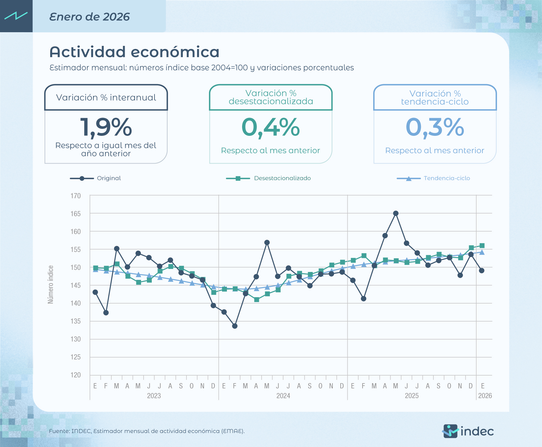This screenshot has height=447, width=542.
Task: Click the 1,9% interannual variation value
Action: pos(106,127)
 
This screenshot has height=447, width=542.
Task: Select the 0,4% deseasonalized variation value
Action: pos(270,127)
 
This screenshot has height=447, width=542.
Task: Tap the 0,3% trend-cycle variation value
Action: pos(435,127)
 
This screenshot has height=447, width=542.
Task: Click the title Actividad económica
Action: pos(134,52)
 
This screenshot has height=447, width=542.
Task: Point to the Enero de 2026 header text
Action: pos(89,17)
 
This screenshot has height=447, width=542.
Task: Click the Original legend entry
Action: pos(109,178)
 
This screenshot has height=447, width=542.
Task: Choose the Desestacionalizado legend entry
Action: pos(282,178)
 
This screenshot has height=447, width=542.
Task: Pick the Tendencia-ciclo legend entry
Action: pos(446,178)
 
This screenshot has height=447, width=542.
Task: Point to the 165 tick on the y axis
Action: pos(75,214)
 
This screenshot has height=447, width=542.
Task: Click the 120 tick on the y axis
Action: pos(75,375)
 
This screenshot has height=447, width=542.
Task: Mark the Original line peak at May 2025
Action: pos(396,213)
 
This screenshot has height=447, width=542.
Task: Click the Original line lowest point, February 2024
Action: pos(235,326)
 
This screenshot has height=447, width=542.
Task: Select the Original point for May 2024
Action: pos(267,242)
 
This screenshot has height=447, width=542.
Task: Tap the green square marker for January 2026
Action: pos(482,246)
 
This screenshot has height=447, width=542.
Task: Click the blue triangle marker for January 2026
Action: pos(482,252)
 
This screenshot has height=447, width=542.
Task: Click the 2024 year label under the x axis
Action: pos(283,396)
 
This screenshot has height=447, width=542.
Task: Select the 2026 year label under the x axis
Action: pos(485,396)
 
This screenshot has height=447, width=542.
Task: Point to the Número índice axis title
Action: pos(50,284)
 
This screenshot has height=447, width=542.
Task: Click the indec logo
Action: pos(468,431)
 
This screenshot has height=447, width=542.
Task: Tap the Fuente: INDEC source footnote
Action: pos(147,431)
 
